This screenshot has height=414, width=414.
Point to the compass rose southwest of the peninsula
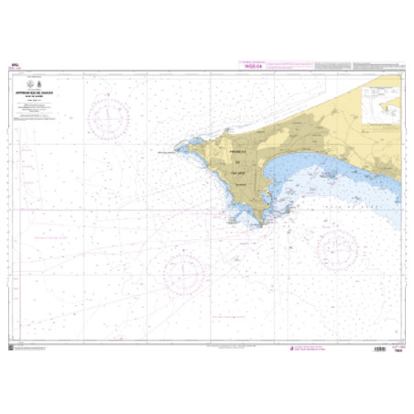click(180, 272)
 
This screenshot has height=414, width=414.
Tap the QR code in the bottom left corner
click(12, 346)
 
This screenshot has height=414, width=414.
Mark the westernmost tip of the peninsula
click(179, 147)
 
